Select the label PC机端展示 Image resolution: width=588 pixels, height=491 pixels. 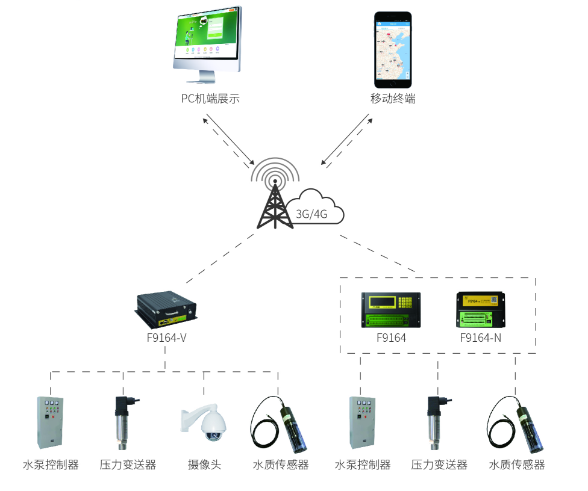pos(210,99)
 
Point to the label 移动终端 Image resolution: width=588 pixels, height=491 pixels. pos(393,99)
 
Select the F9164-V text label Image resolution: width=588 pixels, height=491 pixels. pos(166,338)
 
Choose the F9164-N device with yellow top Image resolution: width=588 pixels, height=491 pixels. pos(481,309)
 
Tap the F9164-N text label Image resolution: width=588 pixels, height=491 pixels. pos(480,338)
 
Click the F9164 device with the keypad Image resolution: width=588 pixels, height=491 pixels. pos(391,309)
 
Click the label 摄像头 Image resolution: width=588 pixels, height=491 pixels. pos(204,465)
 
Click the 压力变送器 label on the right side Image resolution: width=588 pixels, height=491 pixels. pos(439,465)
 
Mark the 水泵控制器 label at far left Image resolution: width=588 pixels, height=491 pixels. pos(51,465)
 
